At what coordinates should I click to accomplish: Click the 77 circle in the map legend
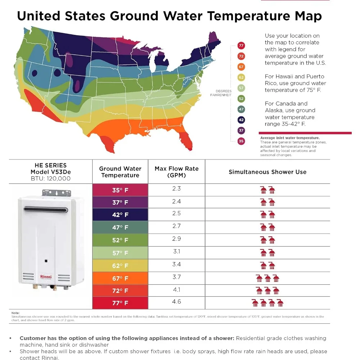pos(241,45)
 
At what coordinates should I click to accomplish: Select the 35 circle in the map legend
pos(241,141)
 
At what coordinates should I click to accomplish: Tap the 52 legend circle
pos(241,99)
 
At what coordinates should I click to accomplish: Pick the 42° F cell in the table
pos(120,215)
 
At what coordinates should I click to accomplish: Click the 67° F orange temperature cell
pos(120,278)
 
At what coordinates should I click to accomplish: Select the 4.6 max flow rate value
pos(176,302)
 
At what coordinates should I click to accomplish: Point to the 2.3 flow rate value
pos(176,188)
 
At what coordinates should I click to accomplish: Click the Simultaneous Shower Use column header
pos(267,172)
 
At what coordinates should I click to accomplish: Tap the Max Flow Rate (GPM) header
pos(176,172)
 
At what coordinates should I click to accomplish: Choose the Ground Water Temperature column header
pos(120,172)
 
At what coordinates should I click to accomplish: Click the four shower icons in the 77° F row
pos(267,303)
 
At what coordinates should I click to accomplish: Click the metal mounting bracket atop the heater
pos(54,193)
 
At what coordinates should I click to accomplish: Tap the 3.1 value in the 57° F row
pos(176,252)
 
